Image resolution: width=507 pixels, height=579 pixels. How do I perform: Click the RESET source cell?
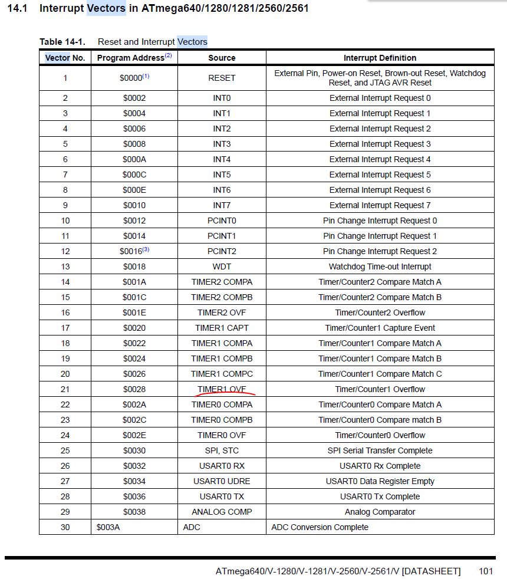coord(222,78)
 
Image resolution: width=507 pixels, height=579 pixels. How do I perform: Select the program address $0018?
coord(134,267)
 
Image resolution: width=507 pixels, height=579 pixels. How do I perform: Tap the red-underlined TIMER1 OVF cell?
coord(222,389)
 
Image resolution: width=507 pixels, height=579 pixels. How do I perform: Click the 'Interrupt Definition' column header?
coord(380,58)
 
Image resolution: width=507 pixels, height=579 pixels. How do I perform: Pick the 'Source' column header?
coord(222,58)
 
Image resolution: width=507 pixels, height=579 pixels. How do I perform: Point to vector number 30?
coord(65,527)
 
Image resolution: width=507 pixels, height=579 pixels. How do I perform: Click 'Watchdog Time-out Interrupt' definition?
coord(380,267)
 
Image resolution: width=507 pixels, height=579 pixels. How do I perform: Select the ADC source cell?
coord(192,527)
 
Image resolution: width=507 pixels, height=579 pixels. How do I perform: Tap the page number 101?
coord(486,571)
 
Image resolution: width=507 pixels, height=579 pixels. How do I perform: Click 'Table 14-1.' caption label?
coord(62,42)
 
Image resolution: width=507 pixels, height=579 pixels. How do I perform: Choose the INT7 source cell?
coord(222,205)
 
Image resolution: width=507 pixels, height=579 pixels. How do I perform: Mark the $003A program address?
coord(108,527)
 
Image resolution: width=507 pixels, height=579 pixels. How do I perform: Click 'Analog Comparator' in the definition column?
coord(380,512)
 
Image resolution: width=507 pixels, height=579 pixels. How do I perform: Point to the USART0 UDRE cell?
coord(222,481)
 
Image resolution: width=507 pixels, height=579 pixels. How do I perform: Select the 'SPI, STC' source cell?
coord(222,450)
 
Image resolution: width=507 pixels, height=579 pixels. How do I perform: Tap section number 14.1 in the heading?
coord(17,9)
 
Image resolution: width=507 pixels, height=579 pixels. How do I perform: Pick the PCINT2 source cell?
coord(222,251)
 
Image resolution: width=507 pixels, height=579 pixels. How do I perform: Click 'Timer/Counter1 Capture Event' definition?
coord(380,328)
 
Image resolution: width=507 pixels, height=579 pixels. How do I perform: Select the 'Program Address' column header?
coord(134,58)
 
